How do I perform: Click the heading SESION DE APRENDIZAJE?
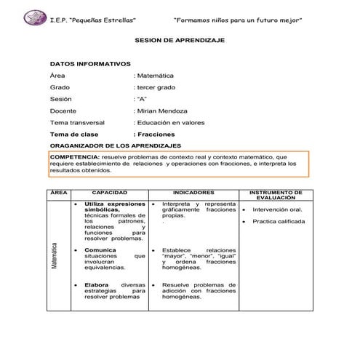pyautogui.click(x=180, y=41)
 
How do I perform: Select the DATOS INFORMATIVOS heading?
pyautogui.click(x=90, y=64)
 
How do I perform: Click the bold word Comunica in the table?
pyautogui.click(x=99, y=249)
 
